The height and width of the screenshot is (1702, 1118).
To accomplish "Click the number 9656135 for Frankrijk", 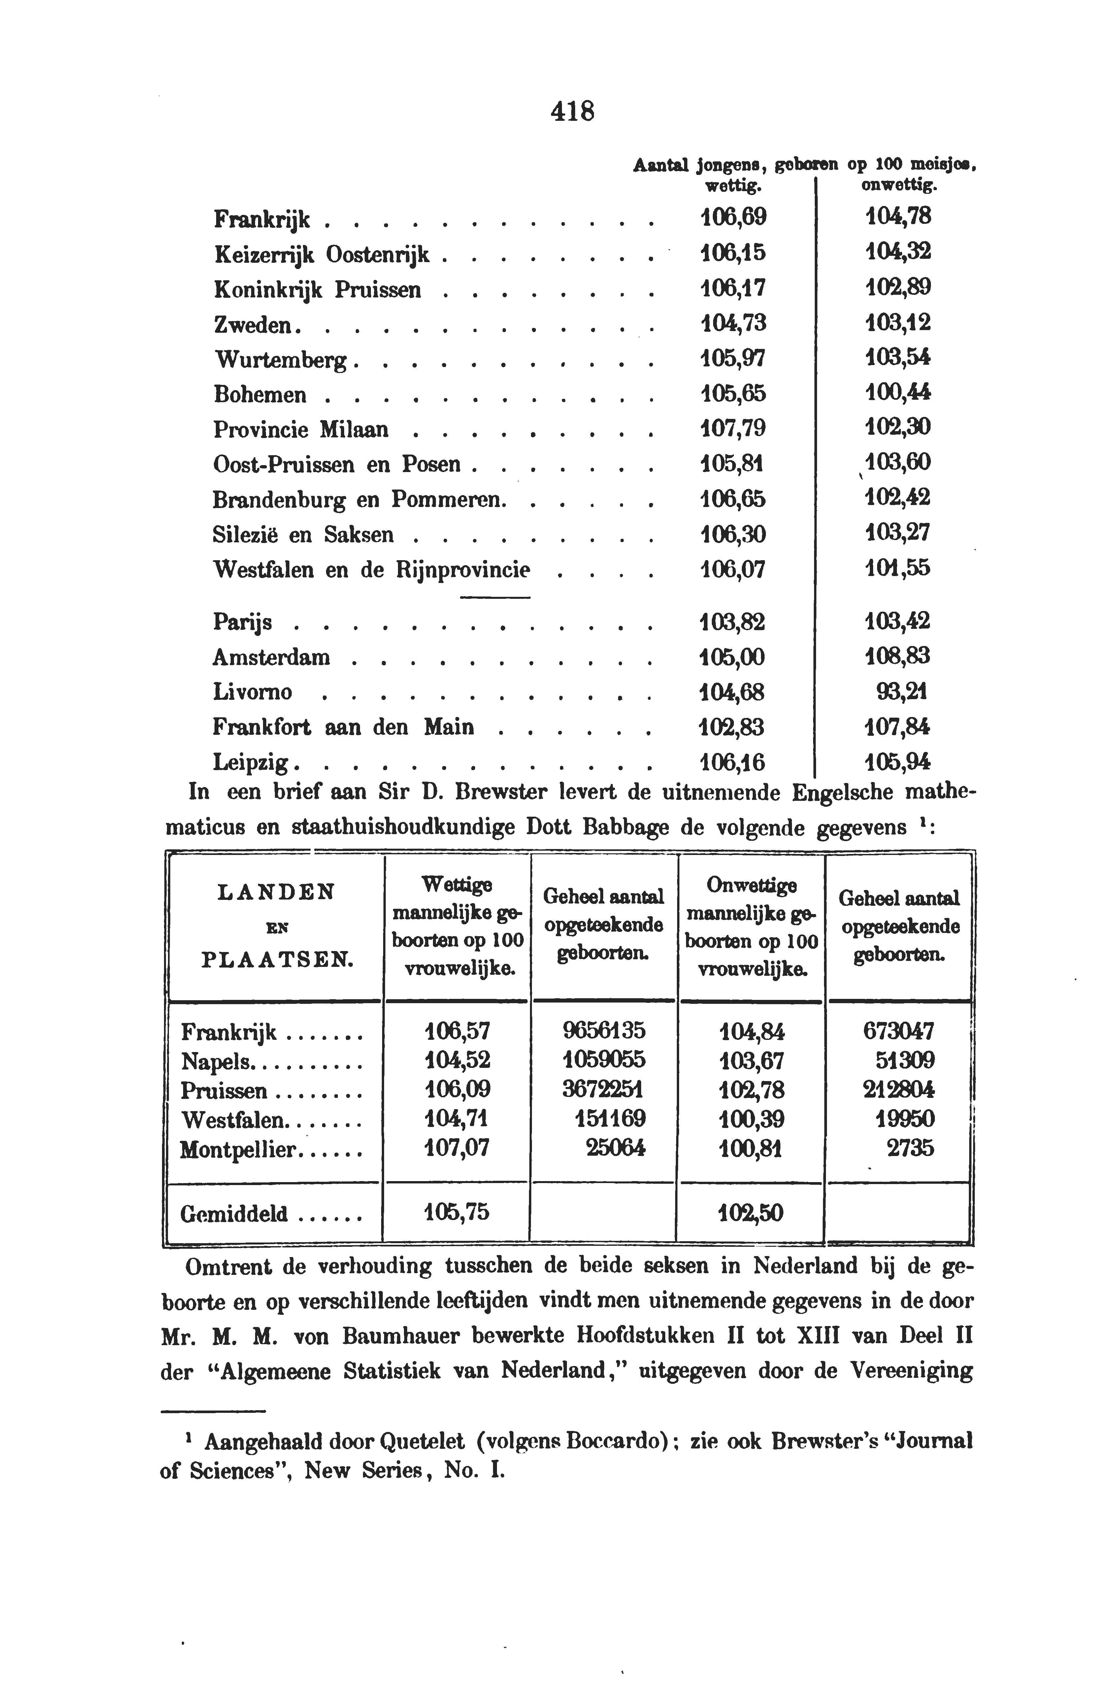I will coord(604,1031).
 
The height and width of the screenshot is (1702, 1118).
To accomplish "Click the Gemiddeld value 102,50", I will coord(751,1213).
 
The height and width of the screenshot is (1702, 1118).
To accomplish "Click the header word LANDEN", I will coord(275,893).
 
